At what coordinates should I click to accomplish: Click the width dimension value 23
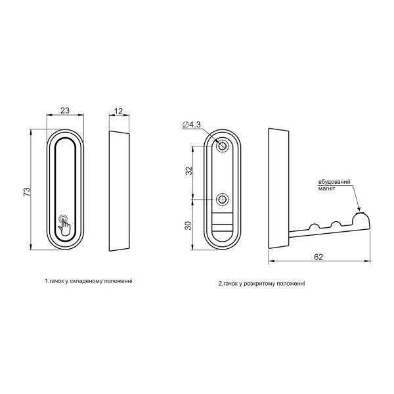[65, 110]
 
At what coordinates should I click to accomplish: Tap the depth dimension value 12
[119, 111]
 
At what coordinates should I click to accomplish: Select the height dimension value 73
[27, 192]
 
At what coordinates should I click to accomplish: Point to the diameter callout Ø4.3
[192, 125]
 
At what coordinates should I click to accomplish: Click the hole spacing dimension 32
[189, 171]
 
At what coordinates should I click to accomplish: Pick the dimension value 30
[188, 225]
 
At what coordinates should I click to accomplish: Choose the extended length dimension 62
[318, 257]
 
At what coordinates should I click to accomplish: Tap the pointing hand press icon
[64, 225]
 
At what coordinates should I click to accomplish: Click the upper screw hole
[222, 146]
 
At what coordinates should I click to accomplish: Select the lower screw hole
[222, 200]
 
